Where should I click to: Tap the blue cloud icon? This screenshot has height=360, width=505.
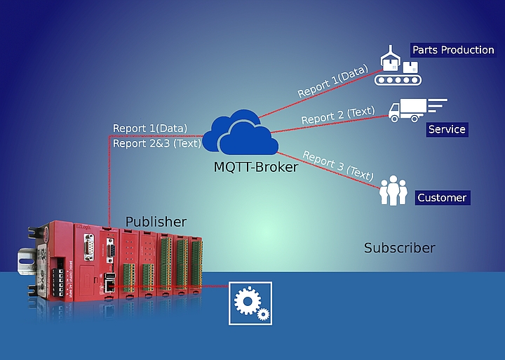238,133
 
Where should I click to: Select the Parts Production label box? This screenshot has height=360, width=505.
452,51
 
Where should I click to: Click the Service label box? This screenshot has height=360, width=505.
447,129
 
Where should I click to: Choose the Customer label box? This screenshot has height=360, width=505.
442,198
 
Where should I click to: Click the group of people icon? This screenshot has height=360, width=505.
393,192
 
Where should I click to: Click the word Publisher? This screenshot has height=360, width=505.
156,222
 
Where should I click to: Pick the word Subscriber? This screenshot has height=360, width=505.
399,248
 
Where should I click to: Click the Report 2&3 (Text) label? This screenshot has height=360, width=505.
157,143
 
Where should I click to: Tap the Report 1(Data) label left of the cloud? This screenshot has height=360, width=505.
150,128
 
